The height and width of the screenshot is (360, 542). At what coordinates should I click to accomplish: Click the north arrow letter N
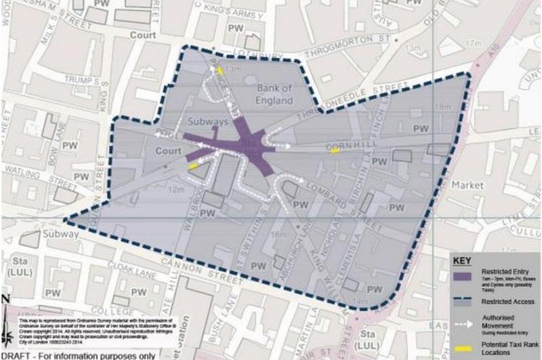[5, 300]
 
